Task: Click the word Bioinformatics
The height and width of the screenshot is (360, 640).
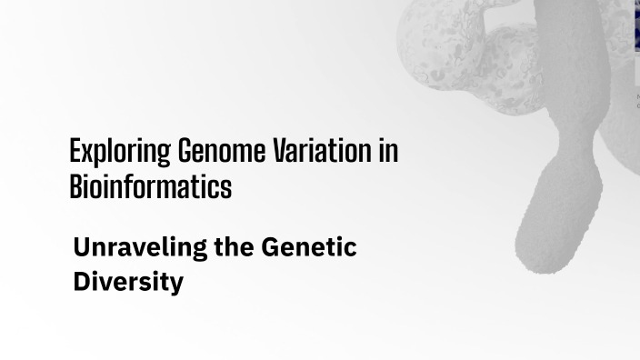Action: coord(150,186)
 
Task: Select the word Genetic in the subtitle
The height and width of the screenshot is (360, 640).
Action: coord(309,246)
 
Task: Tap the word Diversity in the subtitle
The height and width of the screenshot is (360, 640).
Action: coord(128,282)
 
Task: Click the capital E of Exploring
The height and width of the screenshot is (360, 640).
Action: coord(75,151)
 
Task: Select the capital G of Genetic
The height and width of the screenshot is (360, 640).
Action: coord(270,246)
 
